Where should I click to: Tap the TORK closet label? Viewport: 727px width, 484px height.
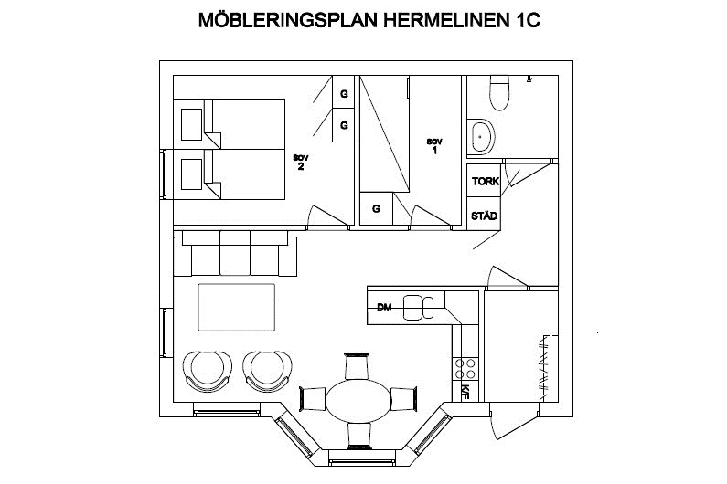click(485, 181)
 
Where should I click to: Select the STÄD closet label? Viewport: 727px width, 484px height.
click(484, 216)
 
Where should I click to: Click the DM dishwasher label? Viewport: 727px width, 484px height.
click(384, 307)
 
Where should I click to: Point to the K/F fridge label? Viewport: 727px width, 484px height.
click(465, 391)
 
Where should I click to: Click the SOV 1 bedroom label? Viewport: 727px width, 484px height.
click(434, 146)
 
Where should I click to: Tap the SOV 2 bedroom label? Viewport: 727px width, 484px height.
click(301, 163)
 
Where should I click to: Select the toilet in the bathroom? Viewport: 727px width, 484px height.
click(499, 92)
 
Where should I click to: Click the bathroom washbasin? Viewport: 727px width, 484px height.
click(481, 138)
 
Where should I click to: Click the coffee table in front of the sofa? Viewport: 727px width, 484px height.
click(237, 307)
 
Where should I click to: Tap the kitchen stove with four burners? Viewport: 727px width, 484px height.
click(465, 369)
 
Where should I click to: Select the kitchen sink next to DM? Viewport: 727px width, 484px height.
click(418, 308)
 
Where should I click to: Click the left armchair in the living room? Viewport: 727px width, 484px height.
click(208, 371)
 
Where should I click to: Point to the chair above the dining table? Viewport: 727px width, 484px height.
click(357, 366)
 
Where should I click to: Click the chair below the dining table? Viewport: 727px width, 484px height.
click(359, 436)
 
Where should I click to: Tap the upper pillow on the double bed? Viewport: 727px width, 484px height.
click(191, 124)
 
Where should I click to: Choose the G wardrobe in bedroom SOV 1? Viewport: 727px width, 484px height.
click(376, 209)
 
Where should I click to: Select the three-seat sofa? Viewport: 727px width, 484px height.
click(235, 253)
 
